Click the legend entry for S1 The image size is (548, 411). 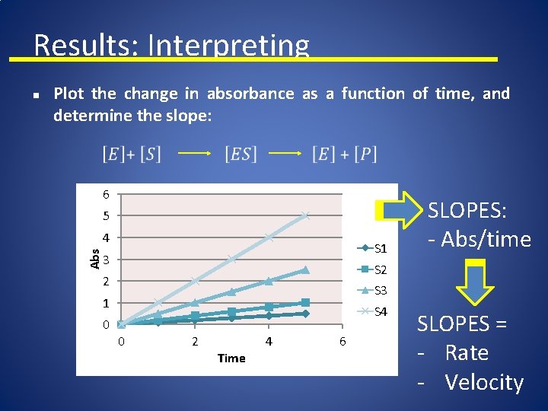click(374, 248)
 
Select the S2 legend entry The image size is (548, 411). click(374, 269)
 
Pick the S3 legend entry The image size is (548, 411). click(374, 290)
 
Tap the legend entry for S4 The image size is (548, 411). click(374, 311)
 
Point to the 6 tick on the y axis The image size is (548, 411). click(107, 195)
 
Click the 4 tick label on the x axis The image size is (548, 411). click(269, 342)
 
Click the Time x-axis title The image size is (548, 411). click(231, 358)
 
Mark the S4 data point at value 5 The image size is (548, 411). click(305, 216)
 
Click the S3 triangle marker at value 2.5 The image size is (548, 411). click(305, 269)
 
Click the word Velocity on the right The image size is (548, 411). click(484, 383)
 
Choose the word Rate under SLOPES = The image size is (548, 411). click(467, 353)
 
